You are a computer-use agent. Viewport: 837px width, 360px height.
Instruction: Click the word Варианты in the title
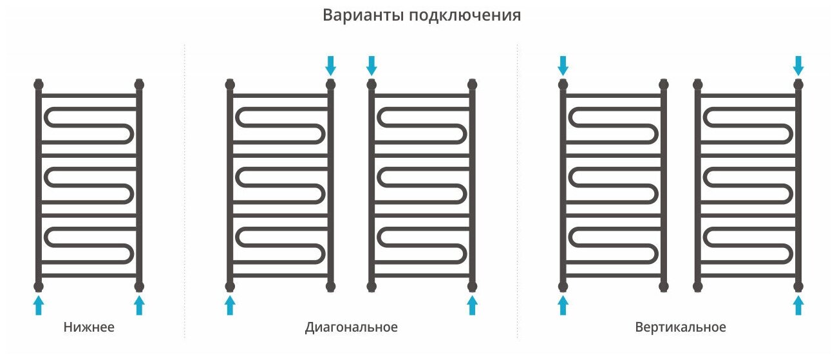[362, 15]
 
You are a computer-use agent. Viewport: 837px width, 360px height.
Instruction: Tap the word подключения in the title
[464, 16]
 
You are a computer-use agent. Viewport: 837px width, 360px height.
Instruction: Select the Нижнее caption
[89, 327]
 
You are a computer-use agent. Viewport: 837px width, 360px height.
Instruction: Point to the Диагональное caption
[351, 327]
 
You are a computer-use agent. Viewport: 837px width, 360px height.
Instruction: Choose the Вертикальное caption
[680, 327]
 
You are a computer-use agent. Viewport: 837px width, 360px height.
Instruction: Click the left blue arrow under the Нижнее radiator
[39, 305]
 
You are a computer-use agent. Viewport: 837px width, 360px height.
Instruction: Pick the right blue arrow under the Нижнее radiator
[139, 305]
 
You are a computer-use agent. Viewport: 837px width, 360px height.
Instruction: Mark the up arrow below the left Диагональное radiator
[230, 305]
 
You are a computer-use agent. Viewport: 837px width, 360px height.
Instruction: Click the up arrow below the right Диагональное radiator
[473, 305]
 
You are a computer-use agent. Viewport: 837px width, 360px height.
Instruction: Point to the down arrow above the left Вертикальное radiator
[563, 65]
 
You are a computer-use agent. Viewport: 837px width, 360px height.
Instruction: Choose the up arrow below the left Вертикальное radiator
[563, 305]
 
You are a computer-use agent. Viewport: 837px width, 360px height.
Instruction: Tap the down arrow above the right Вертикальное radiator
[798, 65]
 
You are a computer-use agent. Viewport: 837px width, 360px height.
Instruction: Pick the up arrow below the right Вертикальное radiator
[798, 305]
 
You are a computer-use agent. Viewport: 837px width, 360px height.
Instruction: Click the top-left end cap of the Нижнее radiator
[39, 84]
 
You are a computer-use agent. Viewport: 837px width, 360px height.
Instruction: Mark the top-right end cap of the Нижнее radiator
[139, 84]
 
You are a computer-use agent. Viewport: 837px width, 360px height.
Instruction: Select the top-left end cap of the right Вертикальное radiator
[697, 84]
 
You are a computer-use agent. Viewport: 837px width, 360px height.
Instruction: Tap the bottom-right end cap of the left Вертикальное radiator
[664, 286]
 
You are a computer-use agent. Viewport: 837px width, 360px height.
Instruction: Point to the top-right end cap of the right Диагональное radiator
[473, 84]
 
